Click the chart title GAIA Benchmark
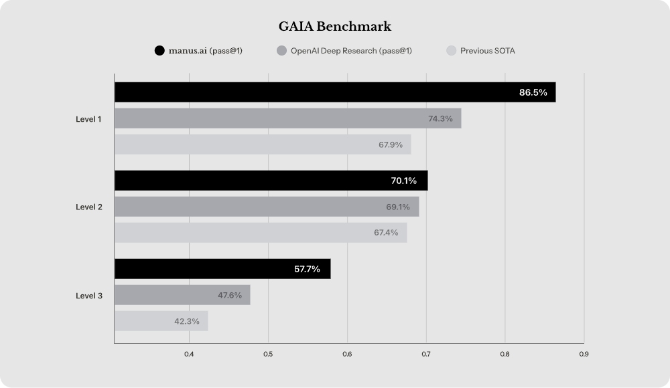pos(335,27)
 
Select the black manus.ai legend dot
pos(159,51)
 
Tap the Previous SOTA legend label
pos(487,51)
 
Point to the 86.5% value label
pos(533,92)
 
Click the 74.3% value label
pos(440,118)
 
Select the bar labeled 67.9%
pos(263,144)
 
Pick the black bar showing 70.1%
pos(271,181)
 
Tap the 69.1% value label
pos(398,207)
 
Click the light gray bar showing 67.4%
pos(261,232)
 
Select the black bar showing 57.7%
pos(222,269)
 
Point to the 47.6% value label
pos(230,295)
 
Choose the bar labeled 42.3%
pos(161,321)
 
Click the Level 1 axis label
pos(88,119)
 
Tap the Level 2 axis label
pos(88,207)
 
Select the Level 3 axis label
pos(88,295)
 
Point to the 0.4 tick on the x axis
pos(189,354)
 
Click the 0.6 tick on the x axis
pos(347,354)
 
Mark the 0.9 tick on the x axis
pos(584,354)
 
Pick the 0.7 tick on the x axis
pos(426,354)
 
